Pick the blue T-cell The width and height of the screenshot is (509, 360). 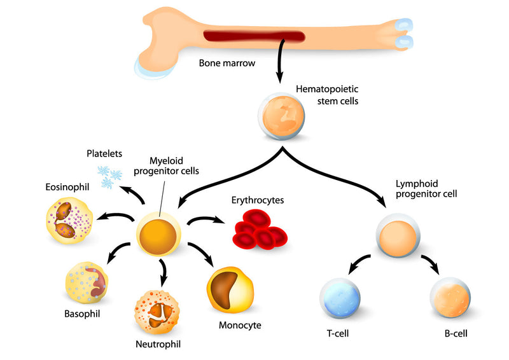click(338, 298)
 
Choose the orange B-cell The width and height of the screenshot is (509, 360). click(450, 298)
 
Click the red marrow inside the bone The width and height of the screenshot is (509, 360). click(254, 37)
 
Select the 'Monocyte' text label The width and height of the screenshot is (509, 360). click(240, 325)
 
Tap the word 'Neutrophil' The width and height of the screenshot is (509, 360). click(158, 345)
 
